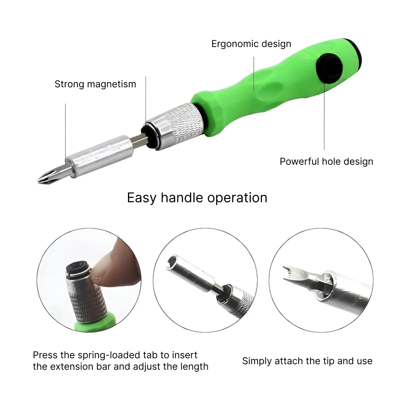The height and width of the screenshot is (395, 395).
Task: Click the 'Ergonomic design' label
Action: (251, 44)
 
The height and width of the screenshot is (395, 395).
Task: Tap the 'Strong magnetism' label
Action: (95, 84)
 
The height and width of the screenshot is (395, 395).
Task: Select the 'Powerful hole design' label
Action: (327, 162)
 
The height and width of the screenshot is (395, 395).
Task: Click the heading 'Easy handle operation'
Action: (197, 198)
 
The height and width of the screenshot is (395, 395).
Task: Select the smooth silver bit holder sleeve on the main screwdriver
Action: (100, 156)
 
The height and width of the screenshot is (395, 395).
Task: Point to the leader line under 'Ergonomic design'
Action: (254, 73)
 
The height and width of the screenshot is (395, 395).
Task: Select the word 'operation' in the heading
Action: (237, 198)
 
